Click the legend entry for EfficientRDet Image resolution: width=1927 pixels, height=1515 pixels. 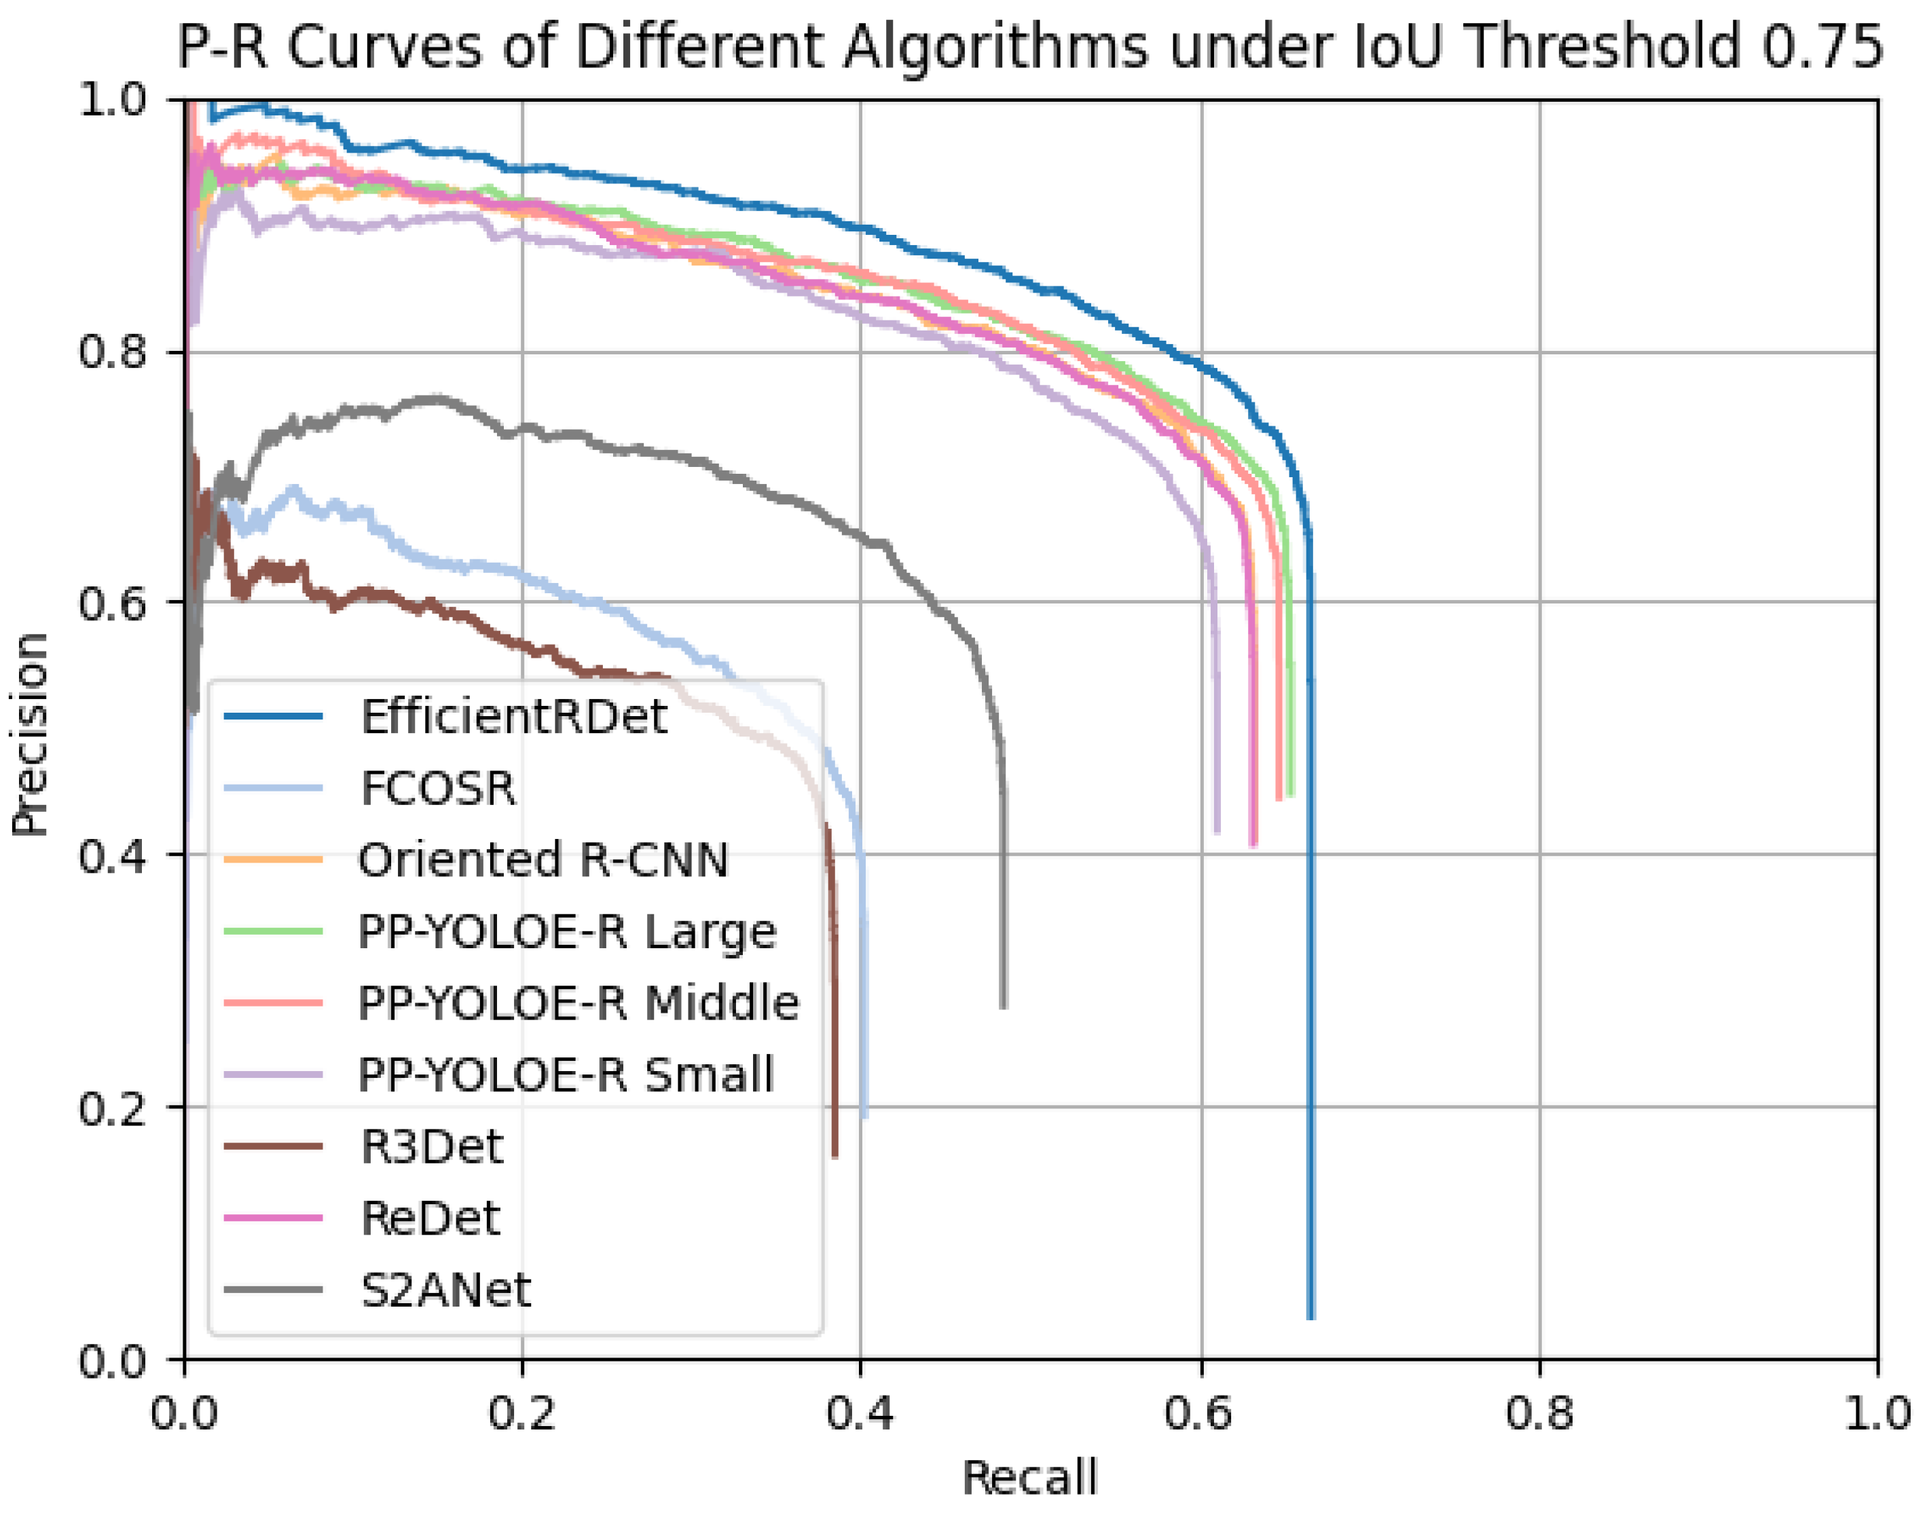point(513,716)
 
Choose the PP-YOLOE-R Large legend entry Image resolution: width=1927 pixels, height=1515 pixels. point(567,931)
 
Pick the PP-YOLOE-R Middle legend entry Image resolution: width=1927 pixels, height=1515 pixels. point(579,1003)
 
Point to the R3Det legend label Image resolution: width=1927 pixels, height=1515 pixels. point(431,1147)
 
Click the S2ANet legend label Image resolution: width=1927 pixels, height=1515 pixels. point(445,1290)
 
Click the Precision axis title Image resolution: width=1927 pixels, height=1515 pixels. point(30,734)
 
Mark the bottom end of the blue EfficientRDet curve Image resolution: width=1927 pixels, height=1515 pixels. point(1310,1317)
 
